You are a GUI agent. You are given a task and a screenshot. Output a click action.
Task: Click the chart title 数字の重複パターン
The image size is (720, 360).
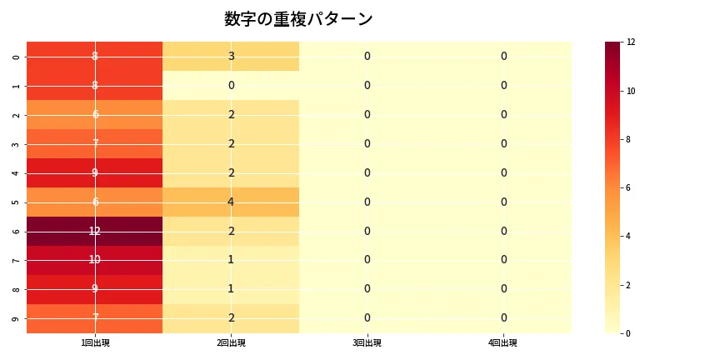[x=298, y=19]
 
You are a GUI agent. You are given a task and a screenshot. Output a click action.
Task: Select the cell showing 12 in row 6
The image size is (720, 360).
[x=95, y=231]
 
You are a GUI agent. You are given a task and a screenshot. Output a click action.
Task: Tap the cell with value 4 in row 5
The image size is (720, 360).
[x=231, y=202]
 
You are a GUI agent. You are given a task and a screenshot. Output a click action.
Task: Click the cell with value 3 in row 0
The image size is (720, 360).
[x=231, y=56]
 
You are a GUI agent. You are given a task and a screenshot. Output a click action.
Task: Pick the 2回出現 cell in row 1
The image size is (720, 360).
[x=231, y=85]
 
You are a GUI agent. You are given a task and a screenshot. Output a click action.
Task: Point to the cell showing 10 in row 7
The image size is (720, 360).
[x=95, y=260]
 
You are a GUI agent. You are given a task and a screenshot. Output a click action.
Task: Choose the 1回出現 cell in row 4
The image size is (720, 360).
[x=95, y=172]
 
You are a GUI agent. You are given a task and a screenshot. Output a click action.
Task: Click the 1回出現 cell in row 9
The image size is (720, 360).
[x=95, y=318]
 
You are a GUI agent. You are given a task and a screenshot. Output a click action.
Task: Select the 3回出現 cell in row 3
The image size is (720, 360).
[x=367, y=143]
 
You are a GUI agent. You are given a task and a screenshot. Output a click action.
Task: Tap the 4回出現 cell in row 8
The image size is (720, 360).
[x=503, y=289]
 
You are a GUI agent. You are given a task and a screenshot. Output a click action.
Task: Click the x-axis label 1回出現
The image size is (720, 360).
[x=95, y=343]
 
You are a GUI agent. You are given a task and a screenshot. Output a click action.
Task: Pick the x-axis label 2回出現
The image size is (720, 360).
[x=231, y=343]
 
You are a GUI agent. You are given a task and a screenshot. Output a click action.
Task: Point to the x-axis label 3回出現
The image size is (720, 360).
[x=367, y=343]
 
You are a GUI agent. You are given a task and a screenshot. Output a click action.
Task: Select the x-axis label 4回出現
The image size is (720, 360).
[x=503, y=343]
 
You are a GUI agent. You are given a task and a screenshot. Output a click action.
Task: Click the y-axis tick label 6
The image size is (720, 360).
[x=17, y=231]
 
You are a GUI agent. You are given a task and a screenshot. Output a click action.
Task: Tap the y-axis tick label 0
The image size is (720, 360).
[x=17, y=56]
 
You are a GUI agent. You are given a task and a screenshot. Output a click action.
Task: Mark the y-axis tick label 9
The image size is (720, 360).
[x=17, y=318]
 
